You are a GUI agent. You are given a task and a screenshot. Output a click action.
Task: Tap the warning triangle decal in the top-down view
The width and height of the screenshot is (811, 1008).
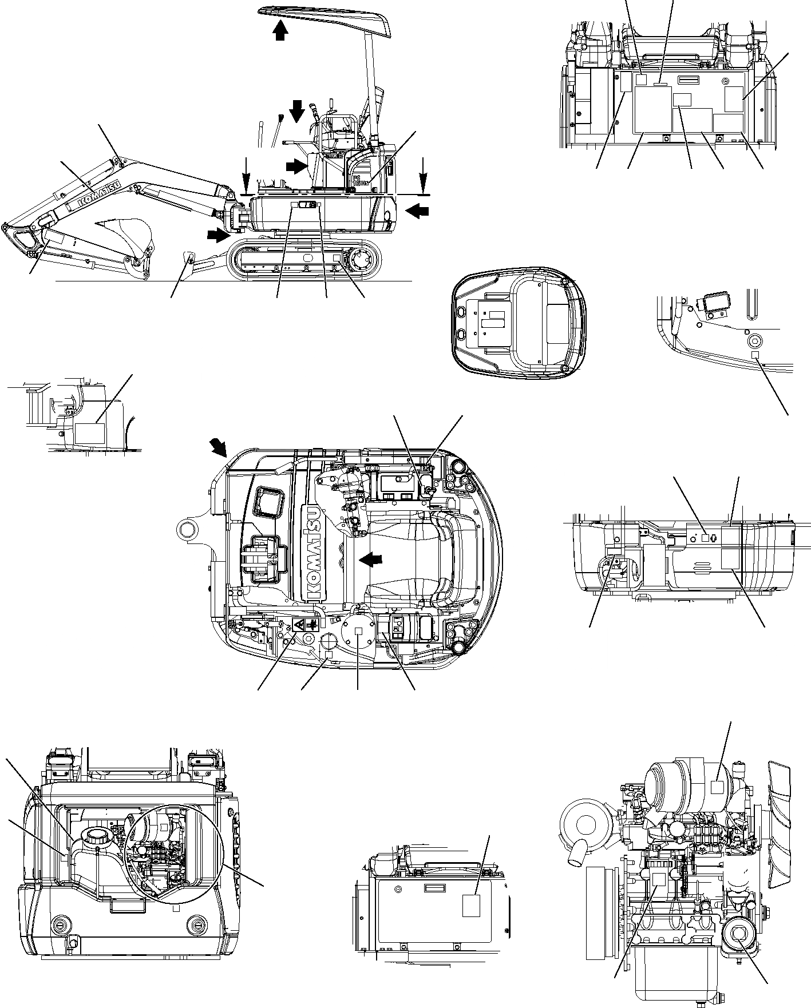(x=299, y=625)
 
